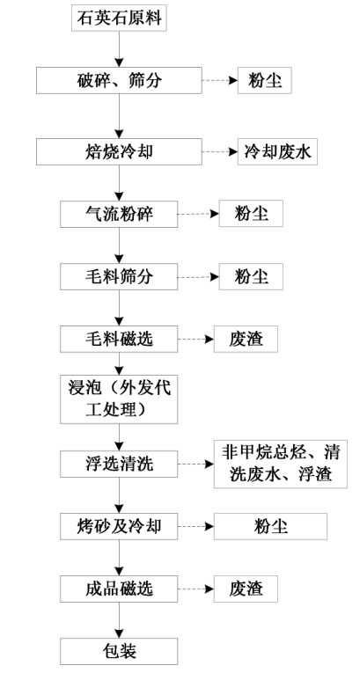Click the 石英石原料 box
point(119,18)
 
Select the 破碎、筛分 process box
point(119,80)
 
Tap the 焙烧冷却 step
point(119,151)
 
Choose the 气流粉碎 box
point(119,214)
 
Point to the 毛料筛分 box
point(119,277)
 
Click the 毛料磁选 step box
point(119,339)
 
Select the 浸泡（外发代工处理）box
point(119,399)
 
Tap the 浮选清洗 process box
point(119,464)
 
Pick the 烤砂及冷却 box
point(119,526)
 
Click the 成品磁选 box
point(119,589)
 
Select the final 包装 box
point(119,651)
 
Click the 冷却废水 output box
point(277,151)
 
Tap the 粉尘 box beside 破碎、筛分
point(265,80)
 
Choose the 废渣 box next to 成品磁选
point(246,589)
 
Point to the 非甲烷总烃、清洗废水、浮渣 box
point(281,464)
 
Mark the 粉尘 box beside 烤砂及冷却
point(270,526)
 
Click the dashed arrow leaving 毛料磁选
point(196,339)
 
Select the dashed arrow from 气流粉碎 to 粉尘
point(198,214)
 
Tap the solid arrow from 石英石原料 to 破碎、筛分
point(119,49)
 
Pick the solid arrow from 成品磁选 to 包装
point(119,620)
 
